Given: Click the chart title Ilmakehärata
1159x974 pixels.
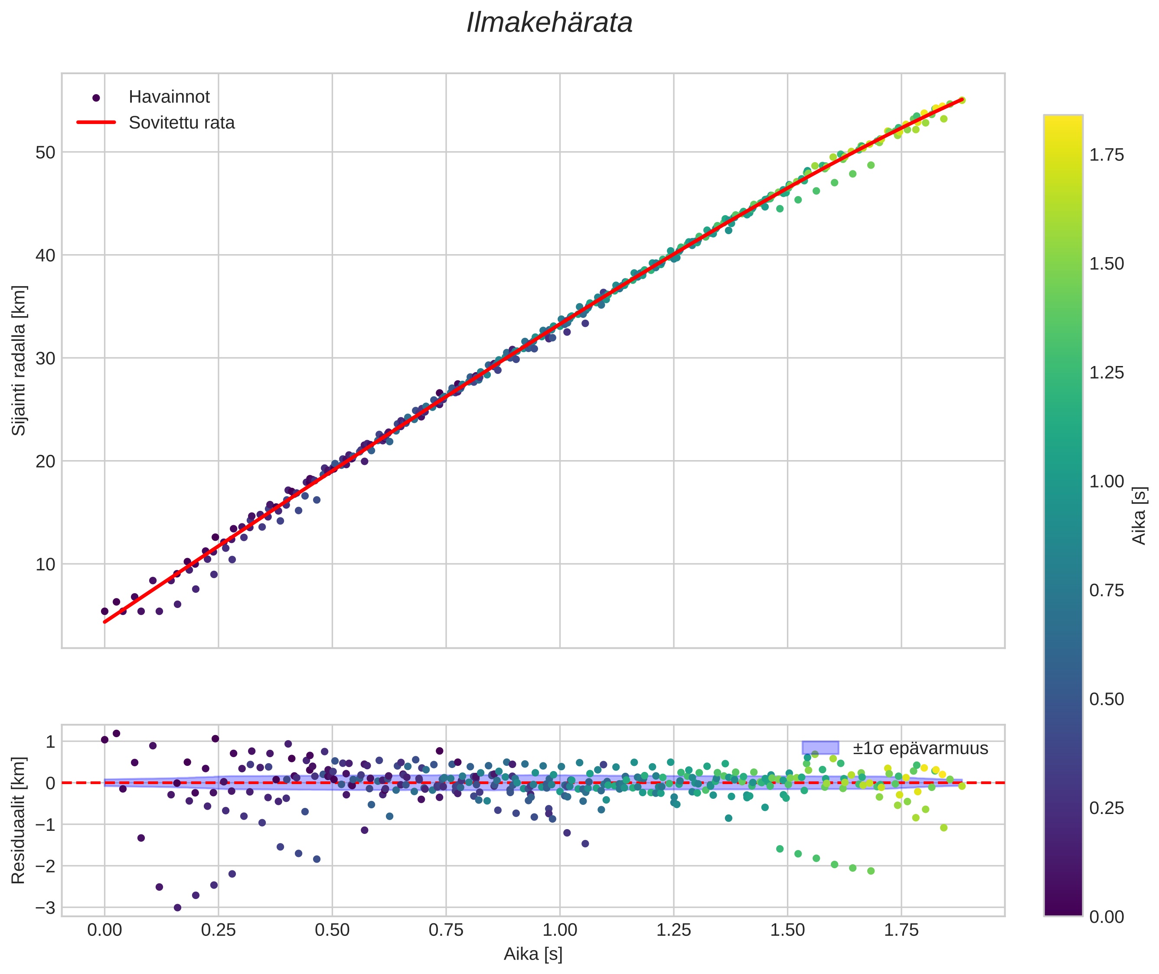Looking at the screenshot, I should (549, 23).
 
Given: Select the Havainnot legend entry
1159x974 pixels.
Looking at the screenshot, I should (169, 97).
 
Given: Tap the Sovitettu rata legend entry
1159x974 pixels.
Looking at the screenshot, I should (181, 123).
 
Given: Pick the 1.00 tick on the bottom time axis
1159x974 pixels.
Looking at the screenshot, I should (559, 930).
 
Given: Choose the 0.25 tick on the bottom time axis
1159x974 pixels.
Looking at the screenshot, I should (218, 930).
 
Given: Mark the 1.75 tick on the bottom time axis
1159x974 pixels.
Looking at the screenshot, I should (901, 930).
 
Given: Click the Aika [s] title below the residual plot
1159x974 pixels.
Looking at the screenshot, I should (533, 954).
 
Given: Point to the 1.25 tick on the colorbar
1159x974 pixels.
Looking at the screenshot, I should (1106, 373).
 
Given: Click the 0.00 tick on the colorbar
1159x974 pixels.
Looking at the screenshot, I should (1106, 917).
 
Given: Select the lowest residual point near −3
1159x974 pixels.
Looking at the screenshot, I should (177, 908).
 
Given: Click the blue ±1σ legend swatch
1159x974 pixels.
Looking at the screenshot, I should (820, 748).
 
